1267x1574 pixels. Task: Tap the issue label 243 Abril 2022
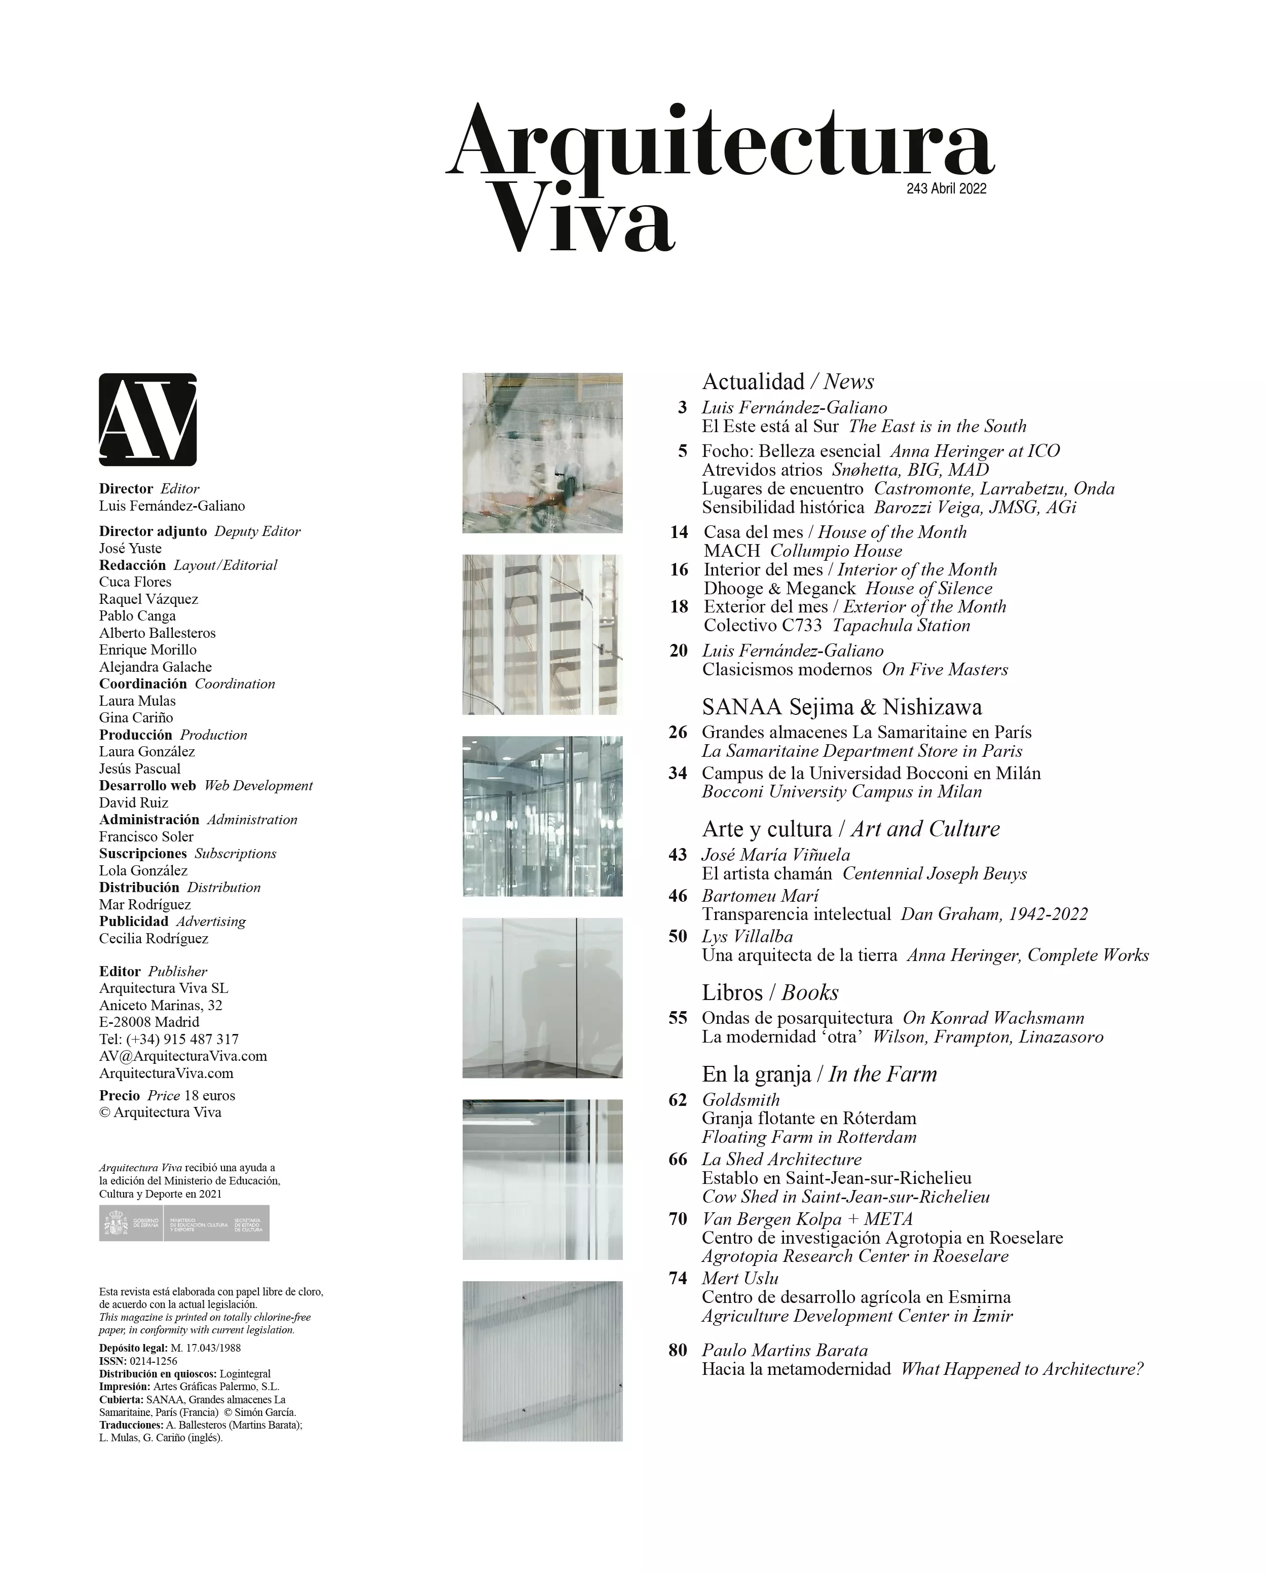[x=946, y=188]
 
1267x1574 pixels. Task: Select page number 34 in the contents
[x=678, y=773]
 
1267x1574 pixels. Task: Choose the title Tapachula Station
[x=901, y=625]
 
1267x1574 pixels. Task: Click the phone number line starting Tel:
[x=169, y=1039]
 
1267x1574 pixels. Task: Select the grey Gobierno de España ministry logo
[x=184, y=1223]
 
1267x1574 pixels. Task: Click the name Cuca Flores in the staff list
[x=135, y=582]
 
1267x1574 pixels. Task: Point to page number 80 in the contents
[x=678, y=1350]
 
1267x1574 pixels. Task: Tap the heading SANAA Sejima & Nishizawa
[x=841, y=707]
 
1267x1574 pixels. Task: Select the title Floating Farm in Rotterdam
[x=808, y=1137]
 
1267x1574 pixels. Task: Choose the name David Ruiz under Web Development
[x=134, y=802]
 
